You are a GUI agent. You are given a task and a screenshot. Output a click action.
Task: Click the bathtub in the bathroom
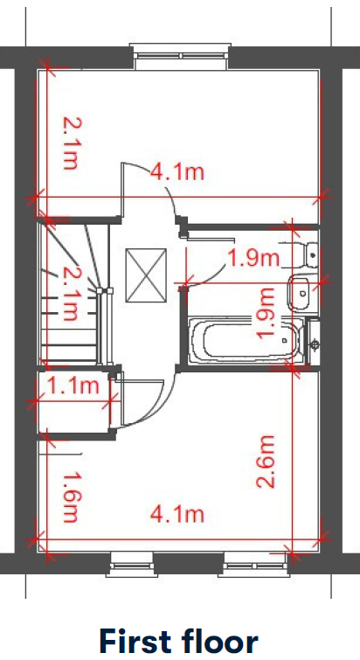click(246, 340)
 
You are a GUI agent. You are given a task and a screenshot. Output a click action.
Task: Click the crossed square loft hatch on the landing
click(146, 275)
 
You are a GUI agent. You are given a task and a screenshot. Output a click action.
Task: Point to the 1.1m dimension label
click(74, 386)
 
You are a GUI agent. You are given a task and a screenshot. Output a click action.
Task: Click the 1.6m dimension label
click(71, 497)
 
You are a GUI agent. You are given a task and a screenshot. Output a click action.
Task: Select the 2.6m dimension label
click(266, 462)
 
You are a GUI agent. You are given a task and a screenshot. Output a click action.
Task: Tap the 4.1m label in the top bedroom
click(177, 172)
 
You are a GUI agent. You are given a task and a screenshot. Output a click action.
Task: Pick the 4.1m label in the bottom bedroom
click(177, 514)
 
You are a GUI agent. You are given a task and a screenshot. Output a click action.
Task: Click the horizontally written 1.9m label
click(253, 258)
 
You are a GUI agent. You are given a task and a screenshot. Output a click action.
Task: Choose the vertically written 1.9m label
click(266, 313)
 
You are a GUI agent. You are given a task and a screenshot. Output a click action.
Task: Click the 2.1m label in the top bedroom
click(71, 143)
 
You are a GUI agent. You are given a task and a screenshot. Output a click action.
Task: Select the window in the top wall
click(180, 56)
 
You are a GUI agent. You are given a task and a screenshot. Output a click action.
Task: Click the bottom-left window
click(132, 564)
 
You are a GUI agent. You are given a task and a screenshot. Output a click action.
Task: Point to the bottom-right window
click(254, 564)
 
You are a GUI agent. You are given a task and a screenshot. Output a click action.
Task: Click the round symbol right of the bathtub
click(315, 344)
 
